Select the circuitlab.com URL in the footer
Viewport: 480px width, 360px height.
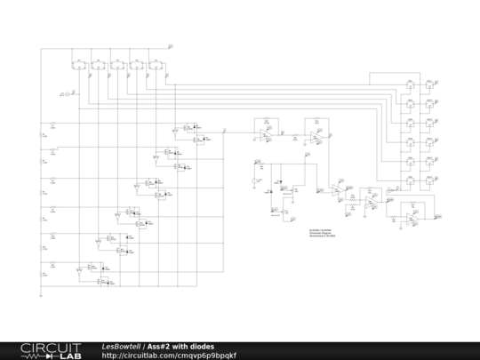click(x=169, y=355)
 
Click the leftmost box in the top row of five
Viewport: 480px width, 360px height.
click(x=76, y=65)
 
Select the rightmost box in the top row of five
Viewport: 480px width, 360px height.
click(x=156, y=65)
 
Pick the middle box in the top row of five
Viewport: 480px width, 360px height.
click(x=116, y=65)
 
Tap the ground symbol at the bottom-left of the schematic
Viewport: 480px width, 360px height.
click(x=41, y=296)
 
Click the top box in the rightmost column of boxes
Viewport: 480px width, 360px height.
click(x=430, y=85)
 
